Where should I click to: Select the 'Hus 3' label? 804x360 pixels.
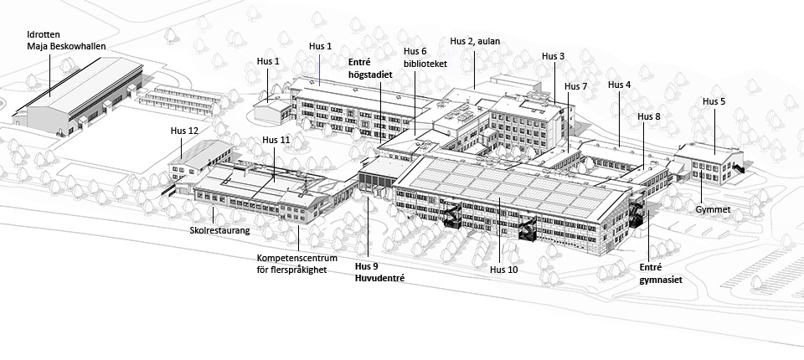554,56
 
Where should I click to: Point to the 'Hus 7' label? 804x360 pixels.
576,86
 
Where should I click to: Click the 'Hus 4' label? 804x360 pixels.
620,85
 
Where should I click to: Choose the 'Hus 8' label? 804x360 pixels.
649,116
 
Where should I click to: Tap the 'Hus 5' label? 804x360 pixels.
714,101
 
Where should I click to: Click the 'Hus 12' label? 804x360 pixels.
184,131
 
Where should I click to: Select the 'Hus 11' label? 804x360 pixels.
276,139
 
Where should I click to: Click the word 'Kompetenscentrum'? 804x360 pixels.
293,259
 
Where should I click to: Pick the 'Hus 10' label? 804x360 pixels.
505,270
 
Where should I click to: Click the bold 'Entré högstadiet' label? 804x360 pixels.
370,68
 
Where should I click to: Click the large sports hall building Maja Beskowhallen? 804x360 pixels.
80,96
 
